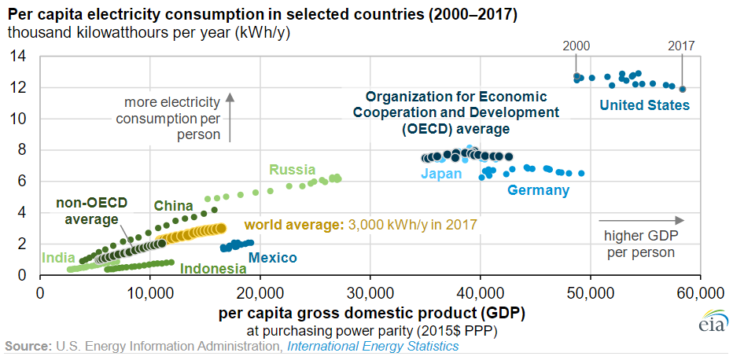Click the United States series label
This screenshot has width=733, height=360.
point(644,105)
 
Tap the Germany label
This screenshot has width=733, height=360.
point(538,190)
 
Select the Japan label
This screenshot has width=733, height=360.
point(441,174)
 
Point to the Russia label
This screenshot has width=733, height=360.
point(292,170)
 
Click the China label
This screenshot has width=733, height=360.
point(173,206)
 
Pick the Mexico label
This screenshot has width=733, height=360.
point(273,257)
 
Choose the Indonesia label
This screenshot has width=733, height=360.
point(213,269)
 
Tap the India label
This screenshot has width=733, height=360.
point(59,257)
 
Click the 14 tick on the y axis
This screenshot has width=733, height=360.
point(20,56)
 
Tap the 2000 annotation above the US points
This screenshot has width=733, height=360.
point(576,46)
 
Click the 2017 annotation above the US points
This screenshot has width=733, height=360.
point(682,46)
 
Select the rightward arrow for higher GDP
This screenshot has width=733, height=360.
point(641,220)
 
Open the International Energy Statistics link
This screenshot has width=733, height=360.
point(373,346)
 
